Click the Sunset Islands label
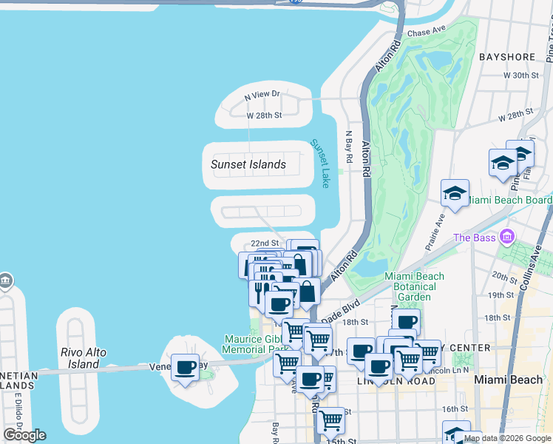pyautogui.click(x=248, y=164)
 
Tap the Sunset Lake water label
pyautogui.click(x=320, y=163)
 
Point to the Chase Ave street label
pyautogui.click(x=427, y=32)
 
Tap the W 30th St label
pyautogui.click(x=521, y=75)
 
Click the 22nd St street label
pyautogui.click(x=264, y=243)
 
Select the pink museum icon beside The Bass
pyautogui.click(x=506, y=237)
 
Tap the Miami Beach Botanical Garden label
pyautogui.click(x=414, y=286)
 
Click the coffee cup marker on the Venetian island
pyautogui.click(x=185, y=367)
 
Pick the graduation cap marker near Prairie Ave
pyautogui.click(x=455, y=194)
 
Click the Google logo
pyautogui.click(x=24, y=435)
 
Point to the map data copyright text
pyautogui.click(x=507, y=438)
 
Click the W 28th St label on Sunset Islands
pyautogui.click(x=264, y=115)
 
